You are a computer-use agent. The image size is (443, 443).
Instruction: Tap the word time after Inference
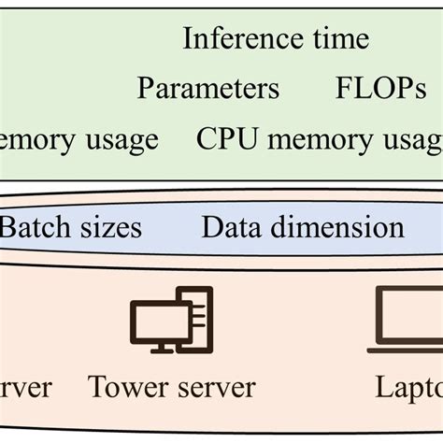point(336,39)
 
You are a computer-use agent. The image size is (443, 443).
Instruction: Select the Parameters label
point(208,89)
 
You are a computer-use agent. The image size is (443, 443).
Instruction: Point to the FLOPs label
point(380,89)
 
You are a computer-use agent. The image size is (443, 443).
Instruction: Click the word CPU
point(222,139)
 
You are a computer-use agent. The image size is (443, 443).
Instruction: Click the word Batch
point(28,227)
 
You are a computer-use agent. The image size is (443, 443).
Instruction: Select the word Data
point(231,227)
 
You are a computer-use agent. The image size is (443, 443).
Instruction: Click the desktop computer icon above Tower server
point(171,320)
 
